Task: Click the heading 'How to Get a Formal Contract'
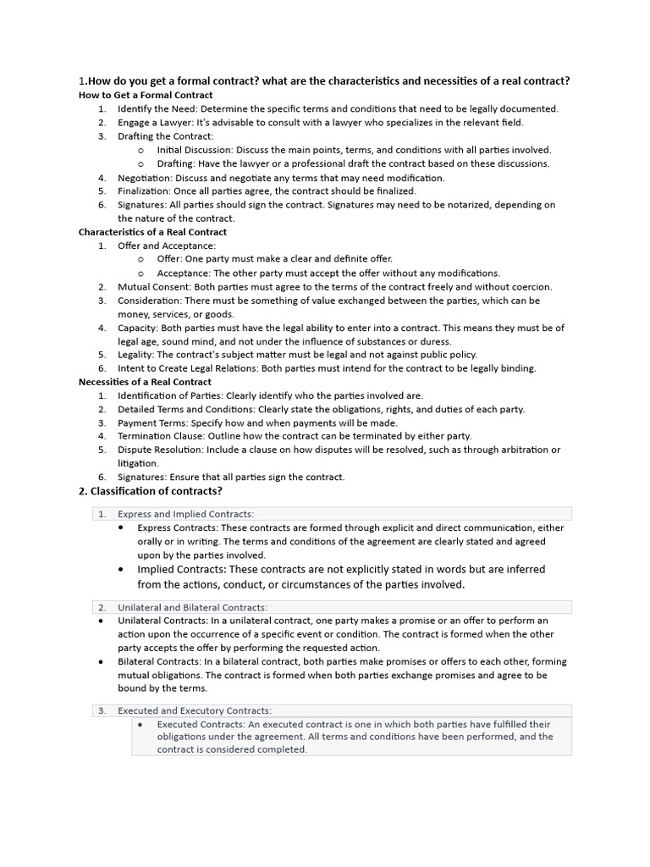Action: (146, 95)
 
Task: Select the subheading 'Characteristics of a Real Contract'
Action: (152, 232)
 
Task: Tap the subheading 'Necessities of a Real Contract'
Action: (145, 382)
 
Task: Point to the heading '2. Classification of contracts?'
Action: (151, 491)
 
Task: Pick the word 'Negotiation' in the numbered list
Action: (144, 178)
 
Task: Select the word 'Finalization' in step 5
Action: (143, 191)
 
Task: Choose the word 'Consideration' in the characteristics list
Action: (148, 301)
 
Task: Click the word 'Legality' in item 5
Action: (135, 355)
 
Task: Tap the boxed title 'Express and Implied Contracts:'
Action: (185, 514)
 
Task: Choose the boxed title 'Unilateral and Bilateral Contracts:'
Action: (192, 607)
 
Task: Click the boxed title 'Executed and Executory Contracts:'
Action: (195, 710)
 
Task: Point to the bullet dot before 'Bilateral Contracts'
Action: (102, 661)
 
